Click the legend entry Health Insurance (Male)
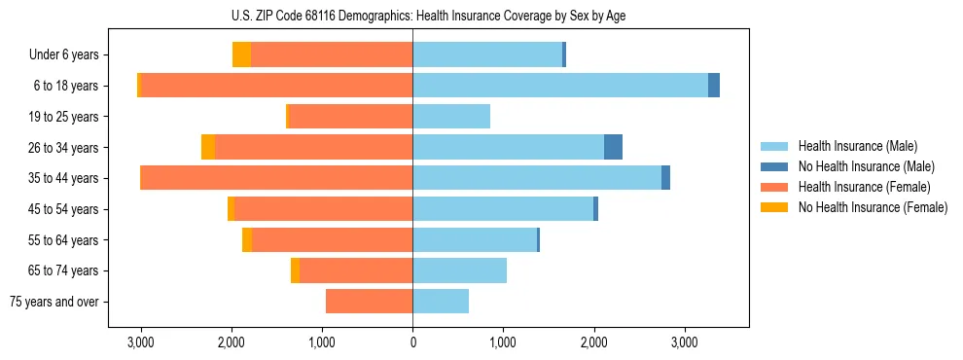click(857, 146)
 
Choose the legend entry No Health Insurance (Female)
click(873, 207)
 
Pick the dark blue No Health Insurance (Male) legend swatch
click(774, 166)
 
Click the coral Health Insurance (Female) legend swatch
click(774, 187)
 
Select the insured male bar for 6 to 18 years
click(560, 86)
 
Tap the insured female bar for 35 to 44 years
click(277, 178)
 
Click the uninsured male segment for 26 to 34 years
click(613, 147)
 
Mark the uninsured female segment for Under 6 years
click(241, 54)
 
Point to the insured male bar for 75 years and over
click(441, 302)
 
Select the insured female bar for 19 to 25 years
click(351, 117)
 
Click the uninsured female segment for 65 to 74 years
click(295, 270)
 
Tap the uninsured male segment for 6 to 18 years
click(714, 86)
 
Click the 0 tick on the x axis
click(412, 342)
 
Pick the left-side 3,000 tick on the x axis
click(141, 342)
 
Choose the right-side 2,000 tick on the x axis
click(593, 342)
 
